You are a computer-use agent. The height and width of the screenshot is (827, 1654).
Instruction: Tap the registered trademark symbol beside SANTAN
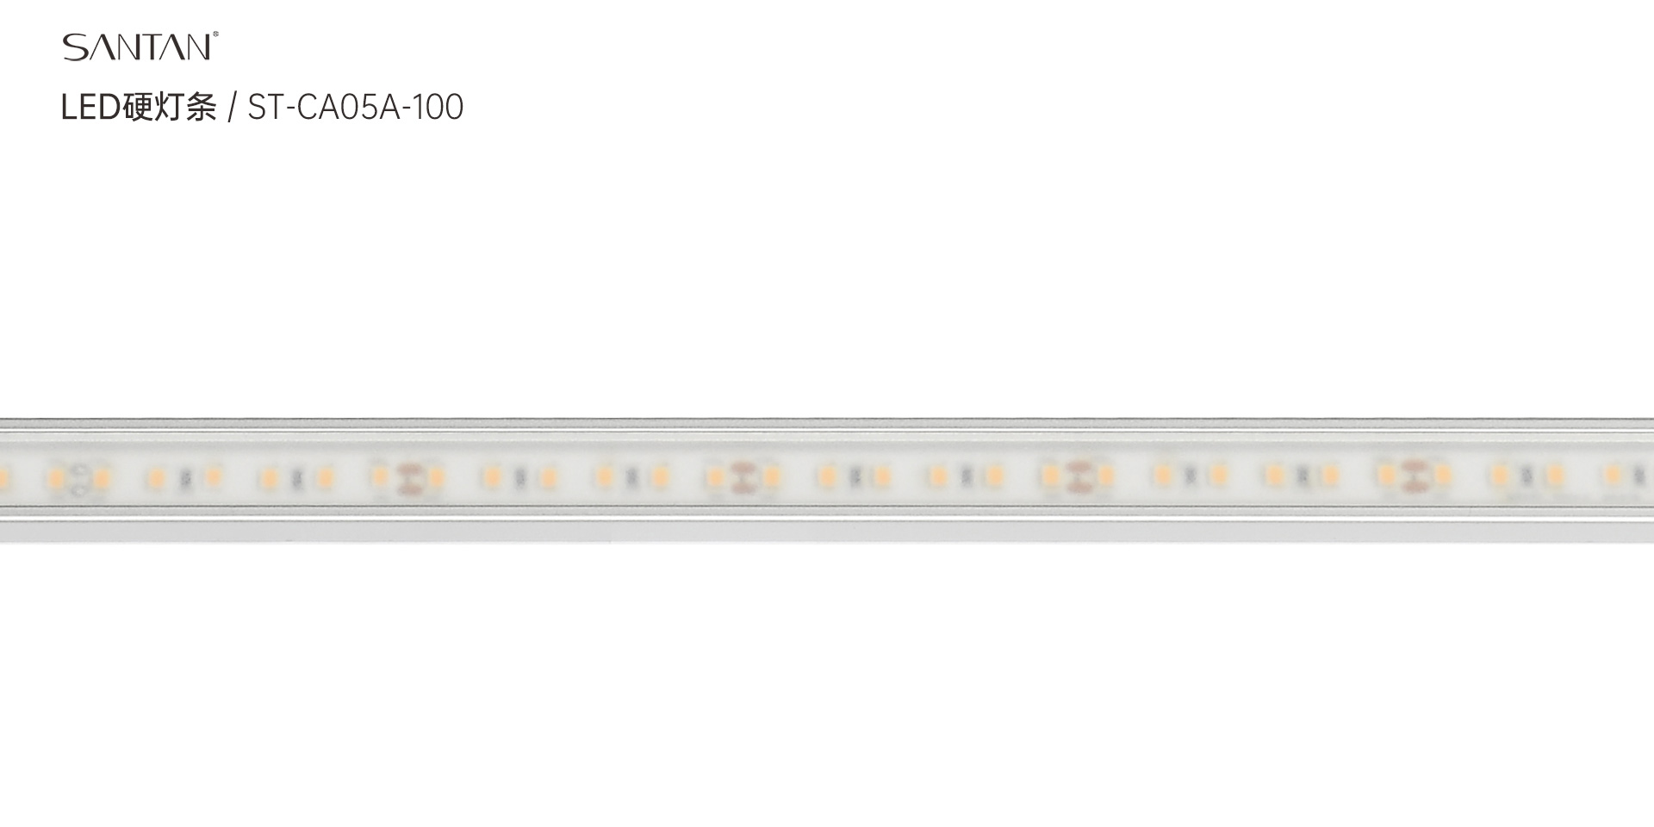click(215, 35)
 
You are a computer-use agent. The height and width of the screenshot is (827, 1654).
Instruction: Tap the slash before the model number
click(232, 109)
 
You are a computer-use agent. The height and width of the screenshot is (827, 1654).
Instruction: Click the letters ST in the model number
click(264, 108)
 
